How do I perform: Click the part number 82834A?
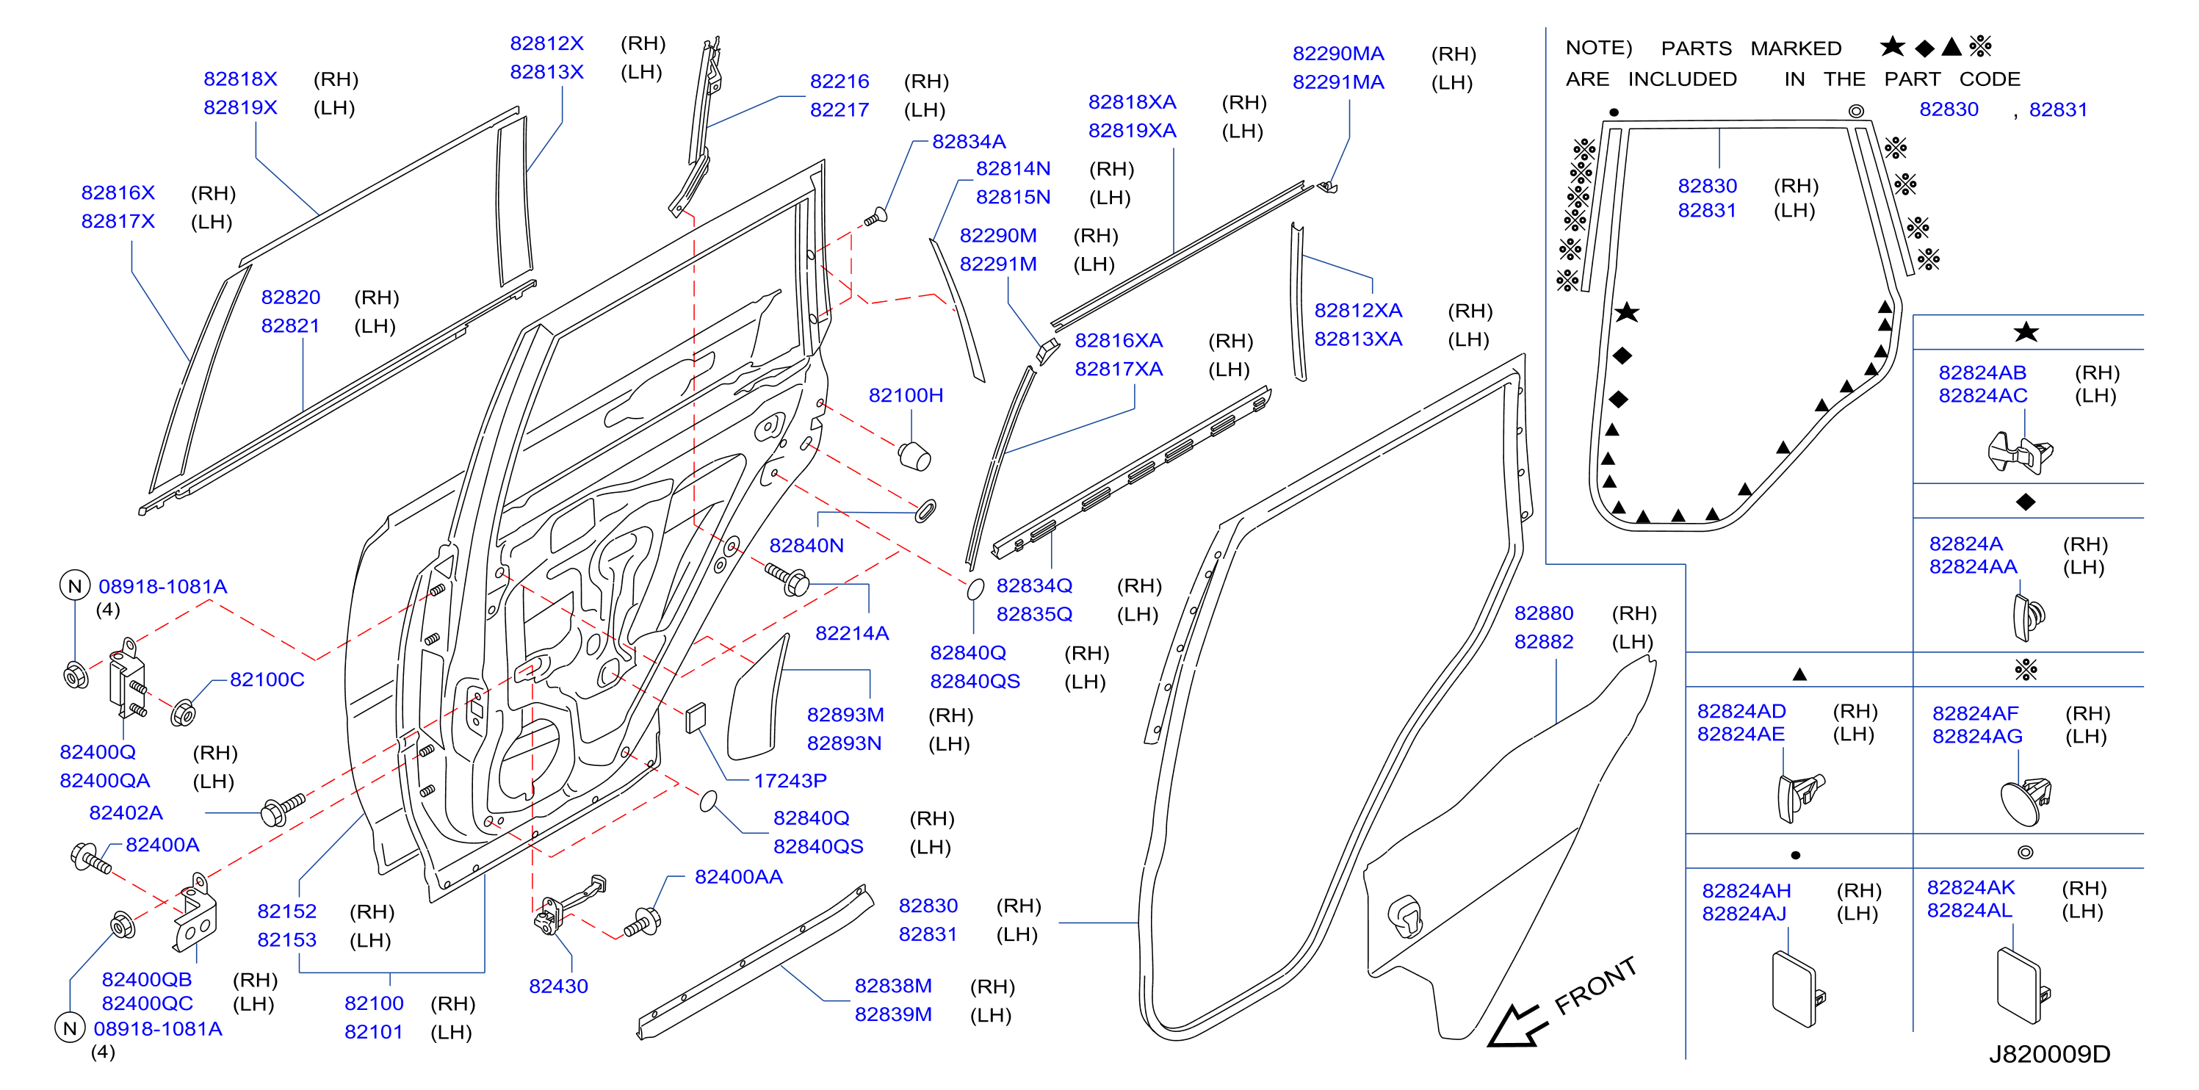968,142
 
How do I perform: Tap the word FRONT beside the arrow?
1595,986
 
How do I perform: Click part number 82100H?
906,395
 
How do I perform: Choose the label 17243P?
790,780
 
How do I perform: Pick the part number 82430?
558,986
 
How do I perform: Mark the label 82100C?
267,679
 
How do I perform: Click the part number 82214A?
852,633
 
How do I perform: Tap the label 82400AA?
738,876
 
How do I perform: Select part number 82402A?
126,812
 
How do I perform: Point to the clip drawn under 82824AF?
2026,801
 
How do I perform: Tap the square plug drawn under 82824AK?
2021,985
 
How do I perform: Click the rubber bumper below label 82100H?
914,456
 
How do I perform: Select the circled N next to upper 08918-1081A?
75,586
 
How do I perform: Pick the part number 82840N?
806,546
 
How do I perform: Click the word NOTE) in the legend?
1598,48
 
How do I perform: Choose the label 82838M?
893,986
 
